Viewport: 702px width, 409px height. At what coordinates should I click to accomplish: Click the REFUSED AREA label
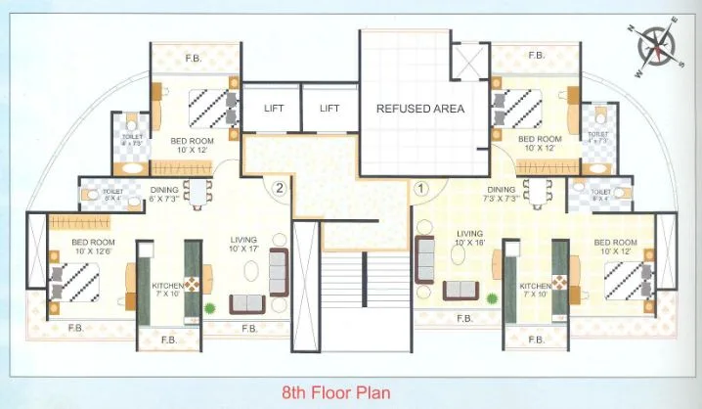[420, 109]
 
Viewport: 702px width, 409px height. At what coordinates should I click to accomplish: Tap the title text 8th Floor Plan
[335, 393]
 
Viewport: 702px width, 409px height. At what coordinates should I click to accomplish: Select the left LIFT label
[274, 109]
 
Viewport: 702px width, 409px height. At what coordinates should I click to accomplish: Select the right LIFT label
[329, 109]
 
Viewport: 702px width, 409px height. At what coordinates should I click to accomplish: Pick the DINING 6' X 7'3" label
[163, 195]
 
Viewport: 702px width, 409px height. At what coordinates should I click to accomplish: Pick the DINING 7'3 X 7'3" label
[500, 195]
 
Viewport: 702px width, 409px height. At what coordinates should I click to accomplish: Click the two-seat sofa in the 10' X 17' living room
[246, 302]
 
